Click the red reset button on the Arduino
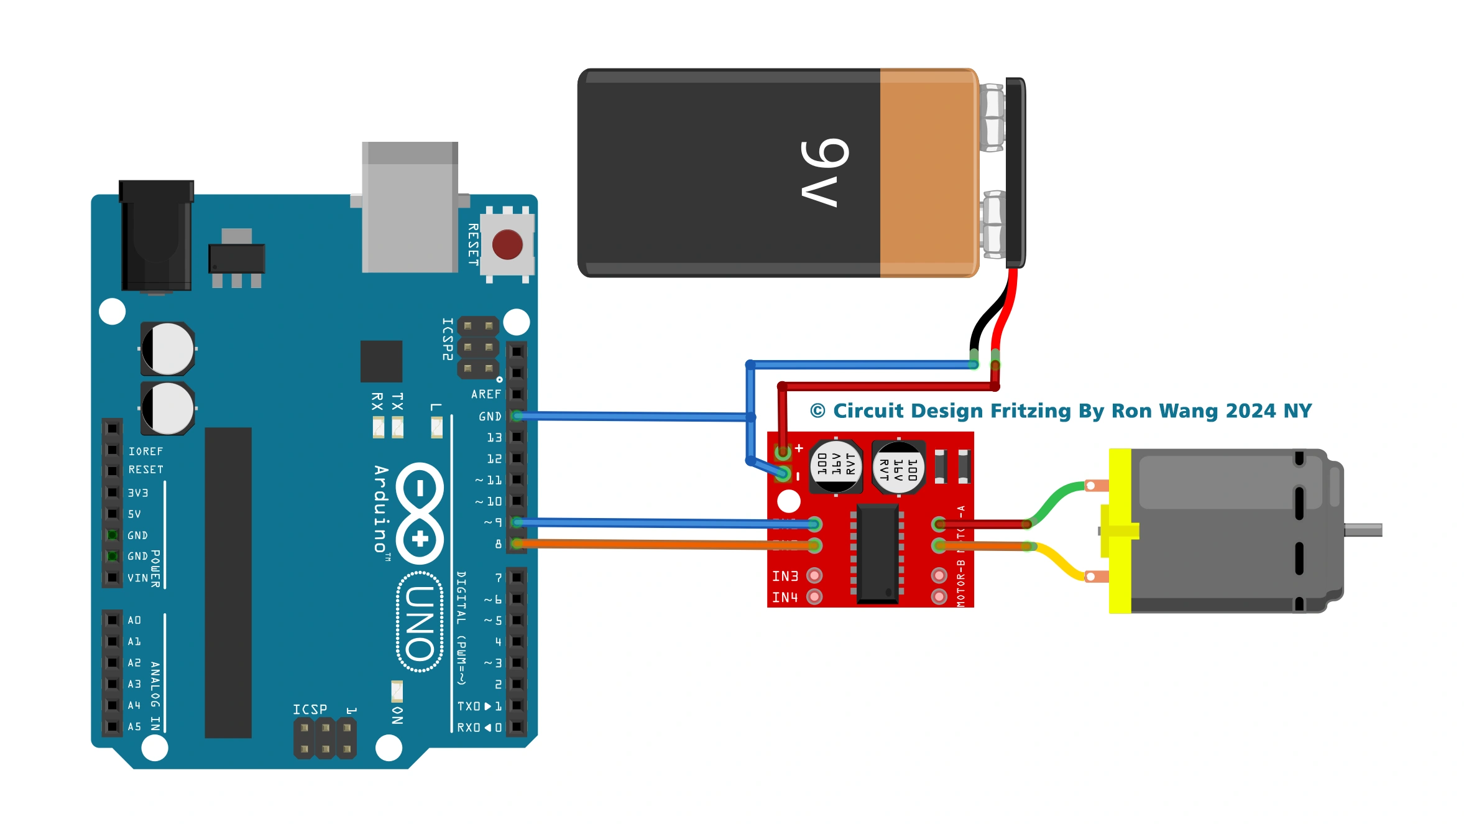coord(507,244)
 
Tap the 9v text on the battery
coord(824,172)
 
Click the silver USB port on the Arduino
coord(410,208)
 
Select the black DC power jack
coord(156,236)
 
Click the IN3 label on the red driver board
coord(785,576)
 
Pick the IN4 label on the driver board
coord(785,598)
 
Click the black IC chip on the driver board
coord(877,553)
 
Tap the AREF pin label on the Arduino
coord(486,394)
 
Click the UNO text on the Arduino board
coord(420,623)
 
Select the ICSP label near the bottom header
coord(310,710)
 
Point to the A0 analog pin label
coord(134,620)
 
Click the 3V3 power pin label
coord(137,493)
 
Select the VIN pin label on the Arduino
coord(137,578)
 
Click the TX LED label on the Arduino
coord(397,401)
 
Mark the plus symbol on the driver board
coord(799,448)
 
